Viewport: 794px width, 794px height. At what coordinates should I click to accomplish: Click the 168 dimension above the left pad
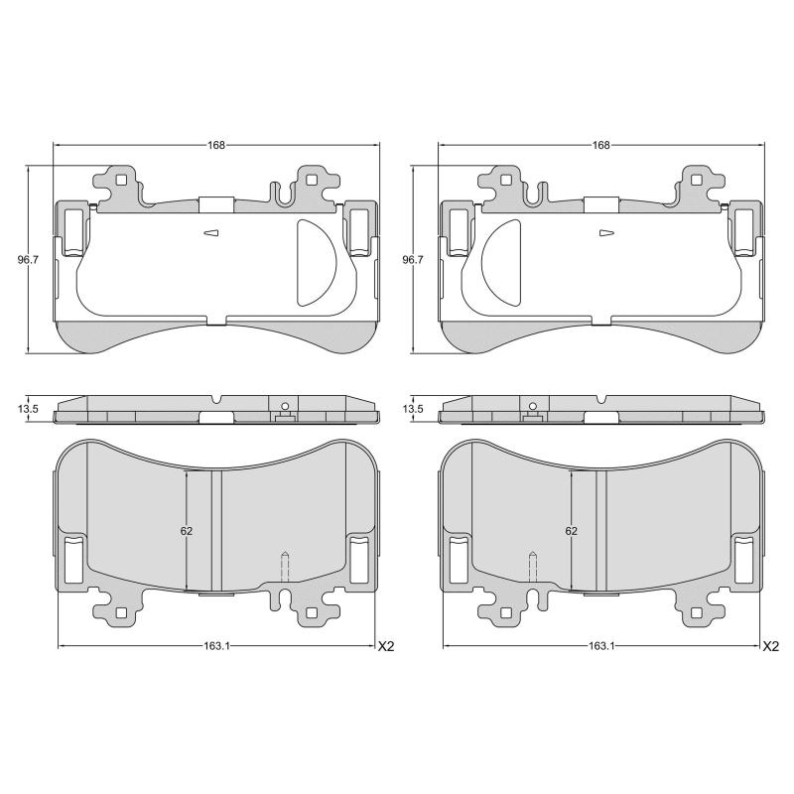click(x=215, y=145)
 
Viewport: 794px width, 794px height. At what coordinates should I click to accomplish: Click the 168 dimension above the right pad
click(x=600, y=145)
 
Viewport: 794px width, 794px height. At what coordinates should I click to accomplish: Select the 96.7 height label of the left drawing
click(x=28, y=260)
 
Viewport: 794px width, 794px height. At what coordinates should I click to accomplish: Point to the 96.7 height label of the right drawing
click(x=413, y=260)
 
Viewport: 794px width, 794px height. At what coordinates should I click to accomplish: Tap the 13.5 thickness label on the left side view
click(x=28, y=409)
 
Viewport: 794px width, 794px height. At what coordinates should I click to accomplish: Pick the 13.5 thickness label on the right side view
click(x=413, y=409)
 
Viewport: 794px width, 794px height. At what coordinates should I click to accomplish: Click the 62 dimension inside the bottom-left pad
click(x=187, y=531)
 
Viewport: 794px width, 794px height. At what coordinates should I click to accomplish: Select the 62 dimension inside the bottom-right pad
click(x=572, y=531)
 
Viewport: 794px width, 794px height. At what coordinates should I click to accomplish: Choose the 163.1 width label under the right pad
click(x=600, y=646)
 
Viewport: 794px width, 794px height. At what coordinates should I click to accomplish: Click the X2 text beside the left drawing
click(x=386, y=646)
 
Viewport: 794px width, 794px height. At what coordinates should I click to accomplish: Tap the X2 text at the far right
click(x=771, y=646)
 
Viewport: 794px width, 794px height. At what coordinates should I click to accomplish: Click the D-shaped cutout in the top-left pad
click(x=316, y=262)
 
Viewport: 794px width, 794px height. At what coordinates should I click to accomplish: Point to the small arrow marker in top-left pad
click(x=209, y=234)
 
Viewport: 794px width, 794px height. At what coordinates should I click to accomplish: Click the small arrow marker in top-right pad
click(x=606, y=234)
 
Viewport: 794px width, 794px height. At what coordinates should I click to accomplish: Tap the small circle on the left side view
click(x=284, y=406)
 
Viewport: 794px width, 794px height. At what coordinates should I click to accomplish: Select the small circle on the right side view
click(x=532, y=406)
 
